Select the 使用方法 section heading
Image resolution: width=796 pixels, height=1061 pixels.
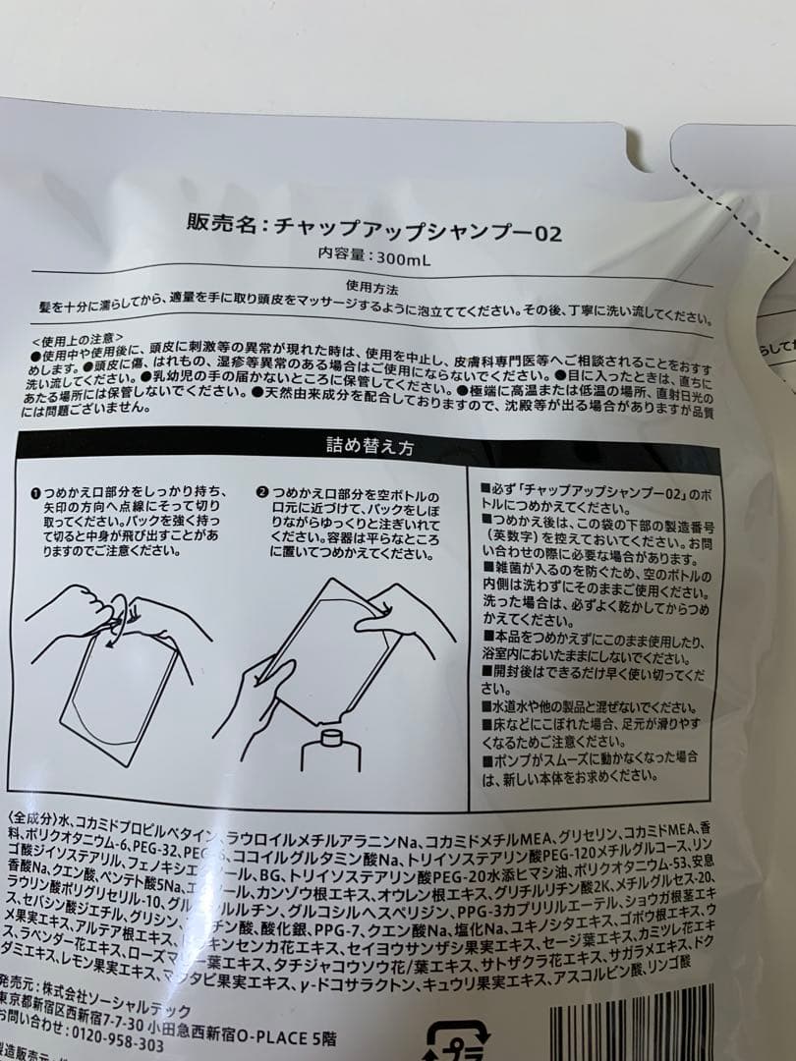point(372,285)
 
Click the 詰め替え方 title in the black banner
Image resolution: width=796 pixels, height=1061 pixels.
point(369,445)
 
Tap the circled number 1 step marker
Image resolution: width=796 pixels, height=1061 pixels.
point(34,491)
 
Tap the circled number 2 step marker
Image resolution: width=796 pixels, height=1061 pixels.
point(262,491)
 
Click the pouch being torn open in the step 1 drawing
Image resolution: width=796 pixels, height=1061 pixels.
point(118,688)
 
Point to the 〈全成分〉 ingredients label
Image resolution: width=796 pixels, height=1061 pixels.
point(33,819)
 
